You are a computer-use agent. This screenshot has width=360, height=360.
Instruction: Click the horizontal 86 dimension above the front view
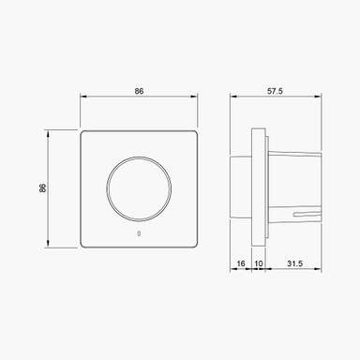tap(139, 93)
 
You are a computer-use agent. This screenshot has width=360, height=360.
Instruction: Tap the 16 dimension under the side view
tap(241, 265)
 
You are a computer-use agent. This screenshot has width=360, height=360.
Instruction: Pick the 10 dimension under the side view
tap(259, 265)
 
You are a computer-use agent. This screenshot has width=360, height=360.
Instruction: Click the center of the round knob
tap(139, 187)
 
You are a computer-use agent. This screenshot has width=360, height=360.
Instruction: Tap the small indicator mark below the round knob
tap(139, 232)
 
